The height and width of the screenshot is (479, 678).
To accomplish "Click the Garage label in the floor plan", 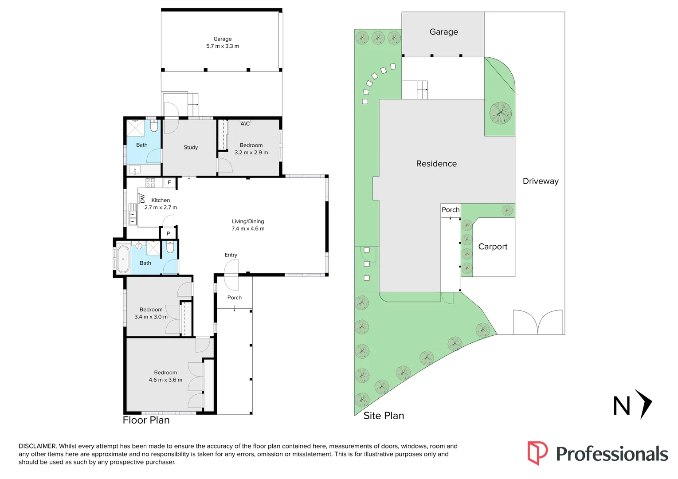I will click(222, 39).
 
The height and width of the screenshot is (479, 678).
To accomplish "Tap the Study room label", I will click(191, 147).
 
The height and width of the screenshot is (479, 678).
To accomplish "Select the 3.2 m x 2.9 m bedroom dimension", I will click(251, 153).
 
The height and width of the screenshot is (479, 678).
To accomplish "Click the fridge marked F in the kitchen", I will click(169, 182).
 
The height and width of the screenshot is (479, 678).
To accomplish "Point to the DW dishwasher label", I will click(142, 198).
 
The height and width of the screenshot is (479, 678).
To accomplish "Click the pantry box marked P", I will click(168, 233).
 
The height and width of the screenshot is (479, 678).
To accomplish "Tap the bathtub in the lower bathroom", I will click(123, 259).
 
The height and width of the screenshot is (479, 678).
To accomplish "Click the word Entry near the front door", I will click(231, 255).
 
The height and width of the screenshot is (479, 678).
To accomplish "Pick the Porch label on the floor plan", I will click(234, 298).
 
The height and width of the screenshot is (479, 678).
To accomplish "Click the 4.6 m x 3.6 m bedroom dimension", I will click(165, 380).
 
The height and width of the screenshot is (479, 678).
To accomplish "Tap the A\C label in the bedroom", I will click(245, 124).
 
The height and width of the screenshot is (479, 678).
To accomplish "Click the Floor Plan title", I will click(146, 420).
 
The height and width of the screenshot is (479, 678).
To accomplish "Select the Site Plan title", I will click(384, 416).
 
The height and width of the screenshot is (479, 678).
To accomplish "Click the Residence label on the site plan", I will click(436, 164).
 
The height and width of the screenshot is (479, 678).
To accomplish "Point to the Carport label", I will click(493, 247).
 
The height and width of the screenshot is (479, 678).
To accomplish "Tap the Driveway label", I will click(541, 181).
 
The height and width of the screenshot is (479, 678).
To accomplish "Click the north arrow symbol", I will click(643, 404).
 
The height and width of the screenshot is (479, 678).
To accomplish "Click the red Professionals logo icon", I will click(537, 453).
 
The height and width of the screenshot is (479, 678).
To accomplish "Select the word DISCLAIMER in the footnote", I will click(37, 446).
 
